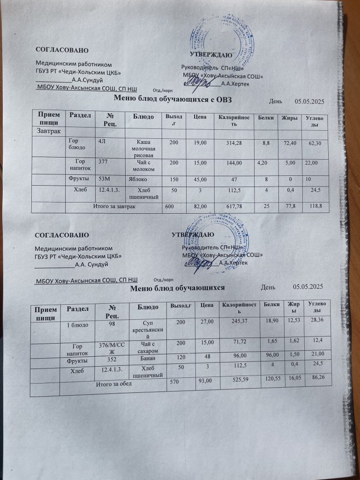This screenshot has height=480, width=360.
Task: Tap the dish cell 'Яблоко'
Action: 136,179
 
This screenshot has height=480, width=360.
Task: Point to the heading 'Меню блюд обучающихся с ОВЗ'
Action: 173,99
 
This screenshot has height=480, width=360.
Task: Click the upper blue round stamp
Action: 216,47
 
